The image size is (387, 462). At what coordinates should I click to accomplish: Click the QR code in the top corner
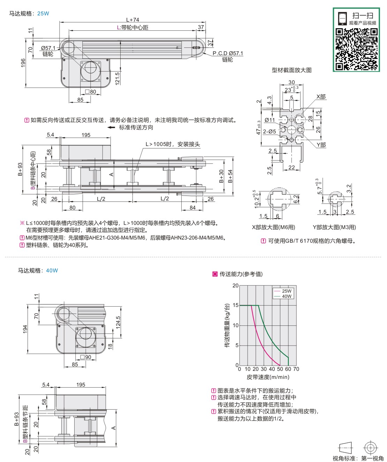pos(356,49)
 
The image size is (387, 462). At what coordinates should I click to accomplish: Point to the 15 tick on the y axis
pos(236,305)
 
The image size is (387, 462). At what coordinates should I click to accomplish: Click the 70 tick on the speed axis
pos(296,369)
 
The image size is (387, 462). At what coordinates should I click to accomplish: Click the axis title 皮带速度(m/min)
pos(268,377)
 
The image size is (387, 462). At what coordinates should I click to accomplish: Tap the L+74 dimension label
pos(132,20)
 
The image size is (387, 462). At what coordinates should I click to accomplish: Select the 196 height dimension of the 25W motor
pos(23,63)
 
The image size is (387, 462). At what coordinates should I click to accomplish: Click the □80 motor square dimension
pos(90,92)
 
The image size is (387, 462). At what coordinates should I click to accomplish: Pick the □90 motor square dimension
pos(85,357)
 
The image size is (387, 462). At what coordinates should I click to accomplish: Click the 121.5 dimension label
pos(117,78)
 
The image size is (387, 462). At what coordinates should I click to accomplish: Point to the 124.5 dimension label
pos(118,322)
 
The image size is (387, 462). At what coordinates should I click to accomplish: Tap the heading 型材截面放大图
pos(291,70)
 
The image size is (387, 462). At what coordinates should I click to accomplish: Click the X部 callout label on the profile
pos(321,96)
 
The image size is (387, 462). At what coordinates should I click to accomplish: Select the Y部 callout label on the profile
pos(321,145)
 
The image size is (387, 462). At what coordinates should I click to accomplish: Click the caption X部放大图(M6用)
pos(273,227)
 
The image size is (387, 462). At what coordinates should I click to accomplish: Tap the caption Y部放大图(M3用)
pos(334,227)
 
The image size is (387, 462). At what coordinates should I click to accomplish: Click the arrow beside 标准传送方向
pos(111,127)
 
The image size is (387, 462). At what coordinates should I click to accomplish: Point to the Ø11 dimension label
pos(270,120)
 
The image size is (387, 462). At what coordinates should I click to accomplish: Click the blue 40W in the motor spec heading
pos(52,271)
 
